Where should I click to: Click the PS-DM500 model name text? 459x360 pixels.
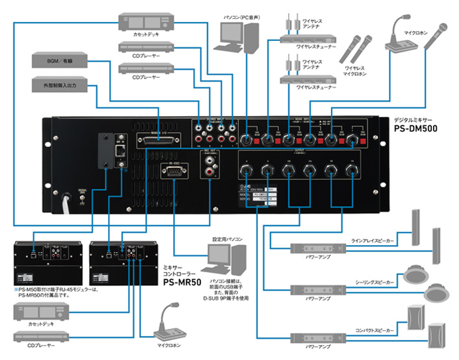[x=415, y=129]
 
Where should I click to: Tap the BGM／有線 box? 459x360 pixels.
[x=59, y=60]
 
